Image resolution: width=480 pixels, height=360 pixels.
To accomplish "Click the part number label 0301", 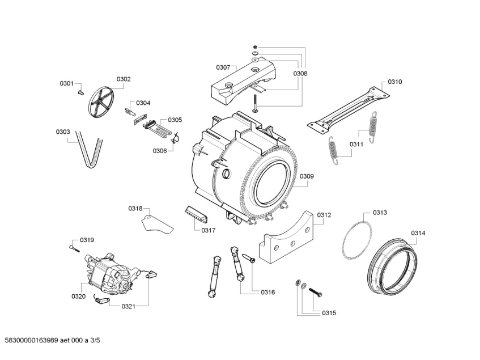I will [x=67, y=84].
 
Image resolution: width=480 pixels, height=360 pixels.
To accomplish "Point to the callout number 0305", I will [x=175, y=120].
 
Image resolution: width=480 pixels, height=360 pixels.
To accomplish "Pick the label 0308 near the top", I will [x=300, y=74].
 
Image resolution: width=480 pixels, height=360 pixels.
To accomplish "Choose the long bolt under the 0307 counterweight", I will [x=255, y=103].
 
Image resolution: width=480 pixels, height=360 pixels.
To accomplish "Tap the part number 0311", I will [x=356, y=145].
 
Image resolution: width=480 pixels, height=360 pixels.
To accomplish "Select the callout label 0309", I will [x=307, y=176].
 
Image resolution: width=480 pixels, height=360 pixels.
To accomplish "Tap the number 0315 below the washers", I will [x=329, y=313].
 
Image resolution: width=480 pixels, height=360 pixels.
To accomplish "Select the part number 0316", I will [x=267, y=292].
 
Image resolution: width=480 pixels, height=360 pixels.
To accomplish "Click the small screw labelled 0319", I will [x=73, y=245].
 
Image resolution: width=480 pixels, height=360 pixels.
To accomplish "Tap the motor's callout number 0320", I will [x=78, y=296].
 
